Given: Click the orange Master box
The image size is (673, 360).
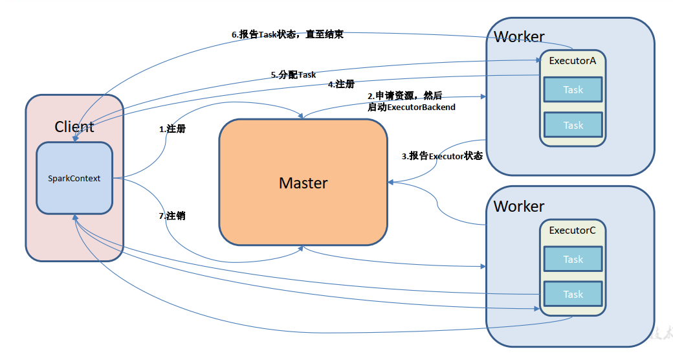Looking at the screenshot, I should pos(303,183).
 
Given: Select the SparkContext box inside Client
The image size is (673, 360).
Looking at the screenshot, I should pos(74,178).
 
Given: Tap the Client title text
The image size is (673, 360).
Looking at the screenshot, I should pos(74,127).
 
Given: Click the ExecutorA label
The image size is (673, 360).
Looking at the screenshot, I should pos(573,61).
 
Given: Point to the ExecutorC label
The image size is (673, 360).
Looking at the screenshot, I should pos(573,230).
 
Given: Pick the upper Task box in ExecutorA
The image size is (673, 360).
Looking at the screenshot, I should pos(573,90).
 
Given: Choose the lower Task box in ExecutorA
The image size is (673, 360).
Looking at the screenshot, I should pos(573,125).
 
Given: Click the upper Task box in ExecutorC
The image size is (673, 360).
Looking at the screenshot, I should pos(573,259).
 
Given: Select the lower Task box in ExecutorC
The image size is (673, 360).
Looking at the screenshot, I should pos(573,294).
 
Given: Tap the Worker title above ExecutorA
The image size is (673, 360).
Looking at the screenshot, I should pos(519,37).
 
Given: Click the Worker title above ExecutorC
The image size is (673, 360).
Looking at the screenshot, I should pos(519,207).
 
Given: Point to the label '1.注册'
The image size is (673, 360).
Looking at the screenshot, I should pos(172,129).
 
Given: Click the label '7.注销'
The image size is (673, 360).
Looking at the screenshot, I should pos(172,216).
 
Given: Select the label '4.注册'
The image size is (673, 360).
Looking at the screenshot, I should pos(341,84).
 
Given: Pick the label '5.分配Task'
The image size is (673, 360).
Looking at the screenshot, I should pos(293,74).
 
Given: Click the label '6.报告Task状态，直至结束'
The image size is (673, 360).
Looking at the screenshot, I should pos(287,35).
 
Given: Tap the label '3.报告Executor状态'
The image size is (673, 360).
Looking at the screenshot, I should pos(442,156).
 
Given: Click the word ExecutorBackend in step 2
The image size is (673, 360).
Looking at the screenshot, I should pos(421,107).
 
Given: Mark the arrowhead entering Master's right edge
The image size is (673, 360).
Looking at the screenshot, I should pos(390,183).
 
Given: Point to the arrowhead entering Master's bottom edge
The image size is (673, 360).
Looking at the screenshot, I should pos(303,248).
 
